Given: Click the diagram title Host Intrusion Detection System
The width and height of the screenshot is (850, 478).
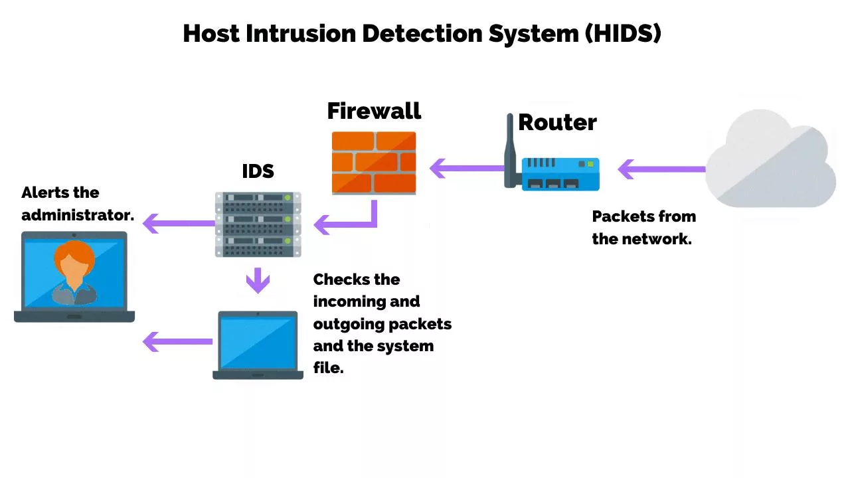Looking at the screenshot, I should [x=422, y=33].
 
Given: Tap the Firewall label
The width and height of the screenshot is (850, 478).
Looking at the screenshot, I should [x=374, y=111].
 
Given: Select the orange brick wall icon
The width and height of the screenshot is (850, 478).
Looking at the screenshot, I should [x=374, y=162].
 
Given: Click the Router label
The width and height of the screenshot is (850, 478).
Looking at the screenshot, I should [x=557, y=122].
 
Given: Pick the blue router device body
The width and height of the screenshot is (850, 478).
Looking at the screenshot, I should [x=560, y=174].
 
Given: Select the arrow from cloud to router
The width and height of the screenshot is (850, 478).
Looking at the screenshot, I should [x=661, y=169].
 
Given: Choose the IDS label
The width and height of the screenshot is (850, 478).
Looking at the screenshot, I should [x=258, y=171].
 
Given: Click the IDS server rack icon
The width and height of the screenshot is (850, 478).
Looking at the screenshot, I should [x=258, y=224].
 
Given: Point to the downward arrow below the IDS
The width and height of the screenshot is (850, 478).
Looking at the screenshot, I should [x=258, y=280].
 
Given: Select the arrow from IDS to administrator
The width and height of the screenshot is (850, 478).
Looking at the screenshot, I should [x=178, y=223].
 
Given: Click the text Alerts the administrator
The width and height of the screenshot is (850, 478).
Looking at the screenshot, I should [x=78, y=204].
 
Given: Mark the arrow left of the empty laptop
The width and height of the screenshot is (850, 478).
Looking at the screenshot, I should [x=177, y=342].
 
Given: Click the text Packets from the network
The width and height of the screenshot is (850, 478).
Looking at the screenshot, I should [x=643, y=228].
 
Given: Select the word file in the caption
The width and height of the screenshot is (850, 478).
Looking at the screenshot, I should [x=328, y=368].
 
